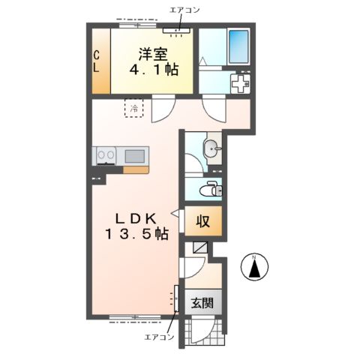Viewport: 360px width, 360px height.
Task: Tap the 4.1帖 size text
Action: [154, 70]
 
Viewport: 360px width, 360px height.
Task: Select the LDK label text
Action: [136, 219]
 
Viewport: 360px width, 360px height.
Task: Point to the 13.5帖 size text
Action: [136, 234]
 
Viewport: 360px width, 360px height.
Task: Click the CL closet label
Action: [96, 61]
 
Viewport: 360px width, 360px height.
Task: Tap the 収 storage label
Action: [202, 221]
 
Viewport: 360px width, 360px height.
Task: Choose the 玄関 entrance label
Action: [202, 303]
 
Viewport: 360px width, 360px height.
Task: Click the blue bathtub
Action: [238, 46]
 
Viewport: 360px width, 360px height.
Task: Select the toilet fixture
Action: [211, 190]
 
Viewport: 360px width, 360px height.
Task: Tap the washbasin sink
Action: [212, 148]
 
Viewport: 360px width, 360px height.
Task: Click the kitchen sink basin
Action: [134, 156]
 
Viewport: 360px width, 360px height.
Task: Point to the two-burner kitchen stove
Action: [106, 155]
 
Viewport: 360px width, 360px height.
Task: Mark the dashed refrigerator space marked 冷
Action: [134, 108]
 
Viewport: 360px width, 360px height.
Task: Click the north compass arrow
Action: [254, 268]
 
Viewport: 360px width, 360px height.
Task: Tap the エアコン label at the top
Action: [184, 10]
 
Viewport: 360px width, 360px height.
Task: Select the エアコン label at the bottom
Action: [159, 337]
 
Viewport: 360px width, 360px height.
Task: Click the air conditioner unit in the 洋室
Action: [176, 31]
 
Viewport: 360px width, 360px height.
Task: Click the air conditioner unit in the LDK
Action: [176, 298]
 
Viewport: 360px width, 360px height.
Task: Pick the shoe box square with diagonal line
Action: [200, 247]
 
